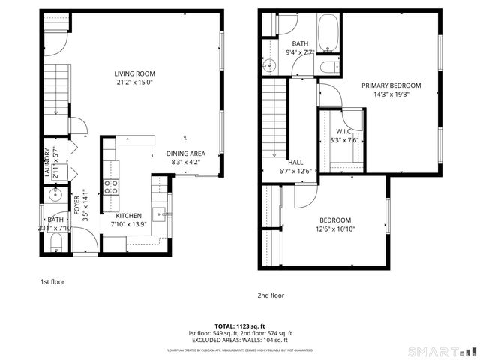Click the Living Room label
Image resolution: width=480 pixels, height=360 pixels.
click(x=134, y=73)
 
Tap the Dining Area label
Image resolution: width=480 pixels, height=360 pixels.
click(x=185, y=154)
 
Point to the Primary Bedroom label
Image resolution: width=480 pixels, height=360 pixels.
click(x=391, y=85)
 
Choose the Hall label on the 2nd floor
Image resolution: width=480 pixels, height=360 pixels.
click(x=295, y=162)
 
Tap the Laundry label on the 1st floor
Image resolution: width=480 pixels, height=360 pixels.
click(x=46, y=163)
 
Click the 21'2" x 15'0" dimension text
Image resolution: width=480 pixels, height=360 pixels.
click(x=134, y=82)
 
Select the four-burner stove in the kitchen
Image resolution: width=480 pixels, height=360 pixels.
click(x=112, y=187)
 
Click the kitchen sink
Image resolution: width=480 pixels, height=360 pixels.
click(x=159, y=211)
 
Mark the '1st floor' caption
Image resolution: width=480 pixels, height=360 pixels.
click(x=53, y=282)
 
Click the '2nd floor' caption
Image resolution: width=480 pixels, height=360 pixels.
click(x=271, y=295)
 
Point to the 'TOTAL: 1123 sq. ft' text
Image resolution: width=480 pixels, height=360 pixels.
click(x=239, y=326)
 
